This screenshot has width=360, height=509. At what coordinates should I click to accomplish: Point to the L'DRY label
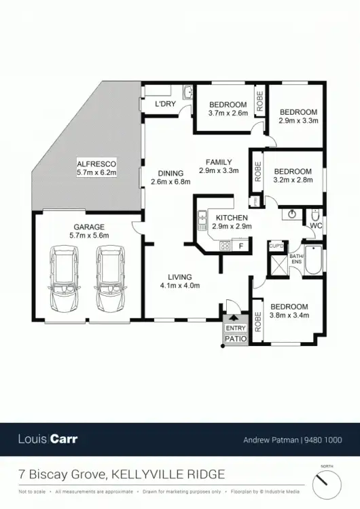[x=166, y=104]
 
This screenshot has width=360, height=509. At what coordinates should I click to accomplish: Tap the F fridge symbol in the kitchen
[x=240, y=246]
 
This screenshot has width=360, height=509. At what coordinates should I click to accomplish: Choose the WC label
[x=315, y=225]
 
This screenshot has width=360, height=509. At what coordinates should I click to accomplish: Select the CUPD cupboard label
[x=276, y=246]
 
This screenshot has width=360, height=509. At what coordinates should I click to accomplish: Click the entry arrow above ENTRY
[x=235, y=317]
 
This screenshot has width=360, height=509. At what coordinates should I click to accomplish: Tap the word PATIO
[x=235, y=337]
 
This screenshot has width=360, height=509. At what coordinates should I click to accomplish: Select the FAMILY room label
[x=219, y=162]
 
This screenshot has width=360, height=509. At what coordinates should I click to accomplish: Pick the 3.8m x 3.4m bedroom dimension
[x=289, y=316]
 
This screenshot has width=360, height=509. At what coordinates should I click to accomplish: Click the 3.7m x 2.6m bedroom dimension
[x=228, y=113]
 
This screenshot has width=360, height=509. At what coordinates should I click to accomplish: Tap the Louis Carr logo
[x=48, y=439]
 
